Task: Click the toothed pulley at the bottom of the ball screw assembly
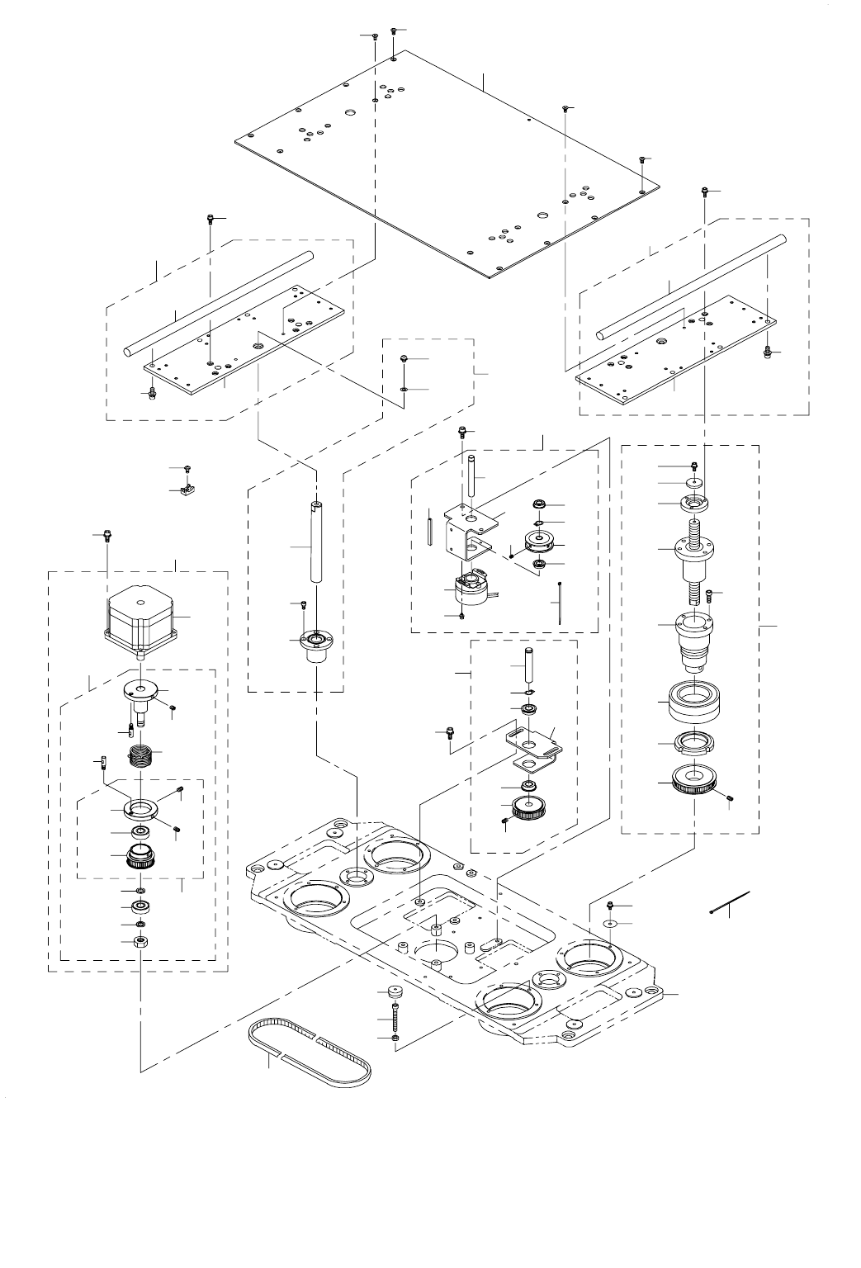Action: point(693,779)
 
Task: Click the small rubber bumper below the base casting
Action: point(395,991)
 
